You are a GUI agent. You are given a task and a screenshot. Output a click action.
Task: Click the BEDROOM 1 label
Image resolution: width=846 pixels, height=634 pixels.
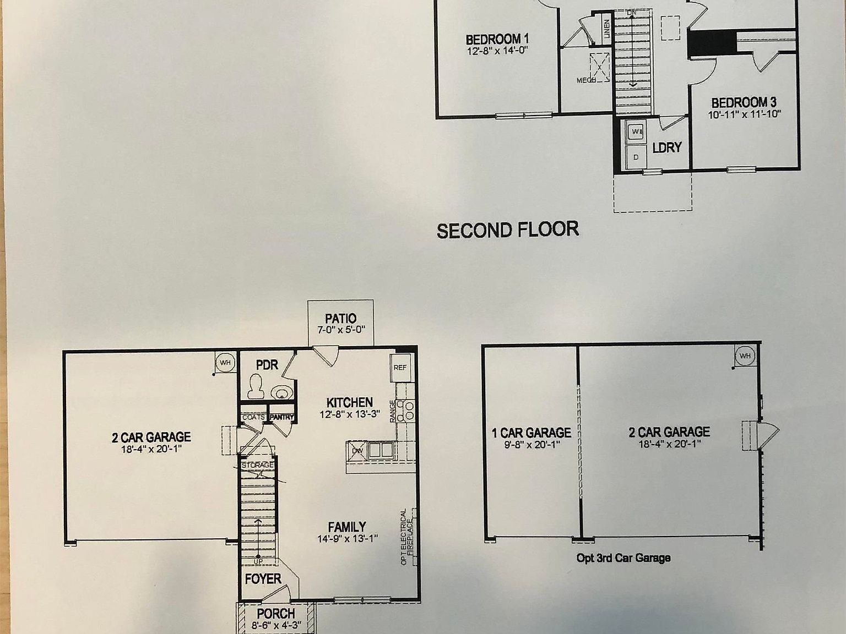tap(497, 40)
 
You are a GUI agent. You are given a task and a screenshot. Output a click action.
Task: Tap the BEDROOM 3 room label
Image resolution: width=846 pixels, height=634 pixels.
tap(744, 103)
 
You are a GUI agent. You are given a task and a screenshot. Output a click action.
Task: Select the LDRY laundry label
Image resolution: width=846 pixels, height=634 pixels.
tap(667, 147)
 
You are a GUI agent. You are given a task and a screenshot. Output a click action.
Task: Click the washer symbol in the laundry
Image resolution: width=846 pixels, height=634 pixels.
tap(636, 132)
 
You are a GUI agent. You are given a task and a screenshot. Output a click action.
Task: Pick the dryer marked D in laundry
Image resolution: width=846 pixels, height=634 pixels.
tap(636, 157)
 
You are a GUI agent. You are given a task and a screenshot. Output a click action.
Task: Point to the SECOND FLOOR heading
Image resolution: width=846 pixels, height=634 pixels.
tap(507, 229)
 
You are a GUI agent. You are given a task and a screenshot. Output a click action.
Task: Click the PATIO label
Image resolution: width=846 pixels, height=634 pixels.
tap(340, 318)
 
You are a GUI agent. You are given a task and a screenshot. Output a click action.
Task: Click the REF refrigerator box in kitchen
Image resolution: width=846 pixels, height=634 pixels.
tap(400, 367)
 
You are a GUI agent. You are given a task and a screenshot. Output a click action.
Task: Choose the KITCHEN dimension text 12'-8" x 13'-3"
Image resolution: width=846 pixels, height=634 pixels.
tap(350, 414)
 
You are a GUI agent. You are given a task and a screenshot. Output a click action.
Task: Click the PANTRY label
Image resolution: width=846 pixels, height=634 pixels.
tap(281, 417)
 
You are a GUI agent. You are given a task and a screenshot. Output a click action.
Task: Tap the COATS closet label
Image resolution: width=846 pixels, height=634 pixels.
tap(253, 417)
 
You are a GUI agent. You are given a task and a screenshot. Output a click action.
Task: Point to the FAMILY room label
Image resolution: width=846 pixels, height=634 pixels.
tap(347, 527)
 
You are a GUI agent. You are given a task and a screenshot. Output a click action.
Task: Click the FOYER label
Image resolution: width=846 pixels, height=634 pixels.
tap(263, 579)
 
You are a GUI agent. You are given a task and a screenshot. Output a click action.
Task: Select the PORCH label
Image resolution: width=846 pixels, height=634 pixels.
tap(276, 613)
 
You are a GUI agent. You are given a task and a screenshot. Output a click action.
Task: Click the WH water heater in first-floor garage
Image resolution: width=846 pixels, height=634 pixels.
tap(225, 363)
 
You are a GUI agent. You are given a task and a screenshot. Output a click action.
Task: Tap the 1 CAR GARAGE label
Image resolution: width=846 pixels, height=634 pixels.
tap(531, 433)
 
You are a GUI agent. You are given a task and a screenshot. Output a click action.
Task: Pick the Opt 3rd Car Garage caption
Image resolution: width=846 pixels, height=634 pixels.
tap(623, 558)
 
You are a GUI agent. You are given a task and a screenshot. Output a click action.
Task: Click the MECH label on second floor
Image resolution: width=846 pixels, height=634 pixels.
tap(586, 80)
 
